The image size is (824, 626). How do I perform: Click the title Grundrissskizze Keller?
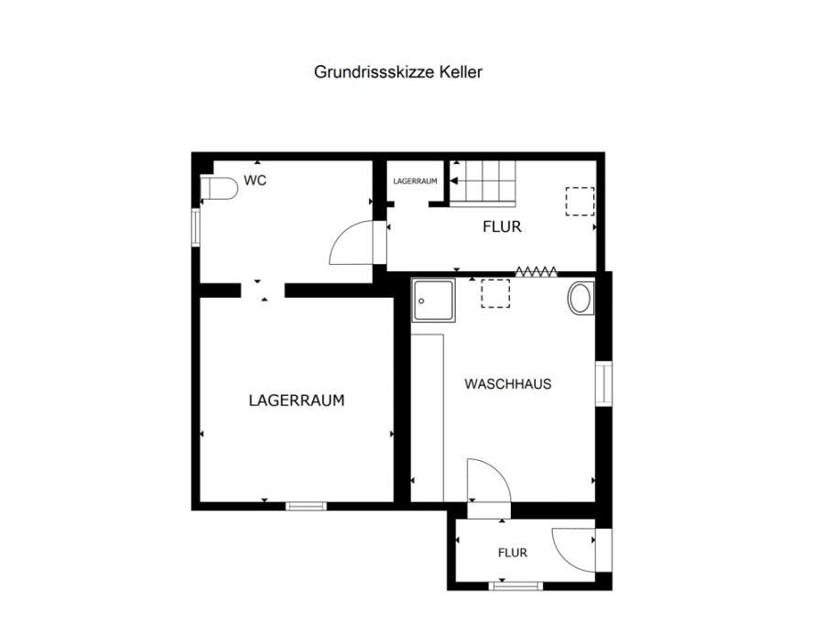click(x=398, y=72)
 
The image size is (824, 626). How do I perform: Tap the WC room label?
click(x=255, y=181)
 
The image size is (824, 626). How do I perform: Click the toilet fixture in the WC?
click(x=219, y=188)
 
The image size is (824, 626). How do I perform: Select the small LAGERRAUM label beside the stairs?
click(x=415, y=181)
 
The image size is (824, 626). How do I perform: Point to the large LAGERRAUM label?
click(x=297, y=401)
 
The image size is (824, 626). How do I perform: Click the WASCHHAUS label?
click(x=507, y=383)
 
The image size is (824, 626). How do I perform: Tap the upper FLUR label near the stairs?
click(x=502, y=226)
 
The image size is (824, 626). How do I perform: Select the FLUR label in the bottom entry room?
click(x=513, y=553)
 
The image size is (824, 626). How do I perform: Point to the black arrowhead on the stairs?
click(x=454, y=181)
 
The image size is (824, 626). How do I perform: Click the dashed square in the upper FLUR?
click(x=580, y=202)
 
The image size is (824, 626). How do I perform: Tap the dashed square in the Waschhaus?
click(x=495, y=293)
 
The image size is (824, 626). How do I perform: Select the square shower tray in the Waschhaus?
click(x=434, y=301)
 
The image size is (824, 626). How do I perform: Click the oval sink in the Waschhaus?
click(x=580, y=298)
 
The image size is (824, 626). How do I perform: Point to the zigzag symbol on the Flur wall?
click(x=536, y=271)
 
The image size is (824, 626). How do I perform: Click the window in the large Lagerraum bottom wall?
click(x=306, y=506)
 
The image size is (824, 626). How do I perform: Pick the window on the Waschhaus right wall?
click(x=603, y=383)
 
